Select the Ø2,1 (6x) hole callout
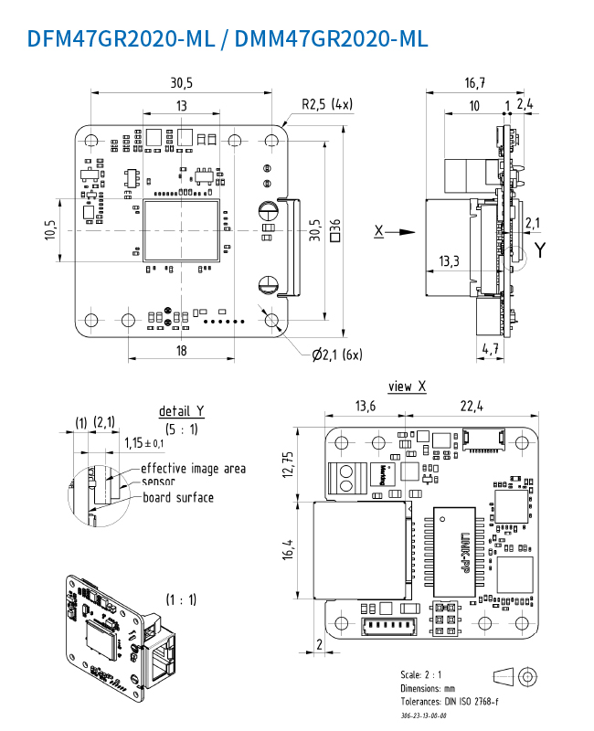[x=337, y=355]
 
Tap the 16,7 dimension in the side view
[x=474, y=83]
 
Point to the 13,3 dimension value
[x=449, y=262]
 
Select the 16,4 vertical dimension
[x=289, y=550]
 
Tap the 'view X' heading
[x=407, y=387]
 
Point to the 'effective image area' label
[x=193, y=469]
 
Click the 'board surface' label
[x=178, y=498]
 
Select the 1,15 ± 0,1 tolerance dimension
[x=144, y=443]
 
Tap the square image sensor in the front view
[x=181, y=231]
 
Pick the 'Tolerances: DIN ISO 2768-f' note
[x=453, y=700]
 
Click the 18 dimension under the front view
[x=181, y=351]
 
